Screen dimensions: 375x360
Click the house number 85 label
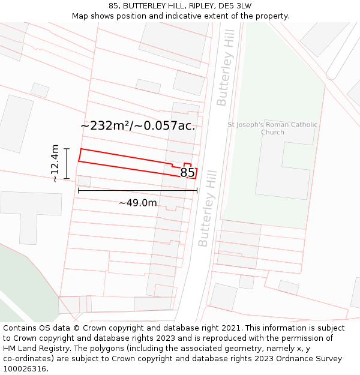(187, 173)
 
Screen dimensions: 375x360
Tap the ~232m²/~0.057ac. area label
(137, 125)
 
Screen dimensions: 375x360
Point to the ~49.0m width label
(137, 203)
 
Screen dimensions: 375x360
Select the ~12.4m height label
(55, 163)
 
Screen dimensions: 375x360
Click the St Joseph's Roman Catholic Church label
(272, 128)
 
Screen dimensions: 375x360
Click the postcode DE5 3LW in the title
(235, 6)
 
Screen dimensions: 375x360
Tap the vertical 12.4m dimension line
(67, 163)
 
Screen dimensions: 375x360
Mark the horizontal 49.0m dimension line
(137, 191)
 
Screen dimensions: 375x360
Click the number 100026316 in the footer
(25, 369)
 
